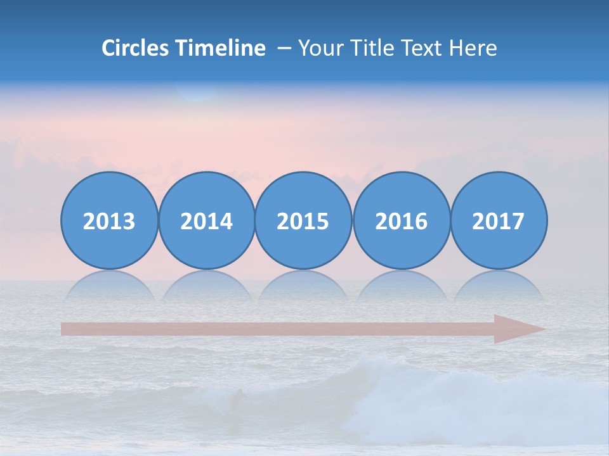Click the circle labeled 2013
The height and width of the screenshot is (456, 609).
click(x=109, y=221)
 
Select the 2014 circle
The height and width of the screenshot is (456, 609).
click(x=207, y=221)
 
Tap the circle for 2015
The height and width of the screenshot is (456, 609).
click(x=303, y=221)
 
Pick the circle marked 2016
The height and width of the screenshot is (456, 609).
click(x=402, y=221)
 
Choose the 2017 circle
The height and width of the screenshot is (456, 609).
click(x=499, y=221)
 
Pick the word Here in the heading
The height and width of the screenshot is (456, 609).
click(x=473, y=48)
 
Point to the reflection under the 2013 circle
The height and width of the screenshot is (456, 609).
click(x=109, y=286)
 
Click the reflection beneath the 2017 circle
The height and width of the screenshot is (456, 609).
click(x=499, y=286)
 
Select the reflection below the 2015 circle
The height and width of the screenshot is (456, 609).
click(x=303, y=286)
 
